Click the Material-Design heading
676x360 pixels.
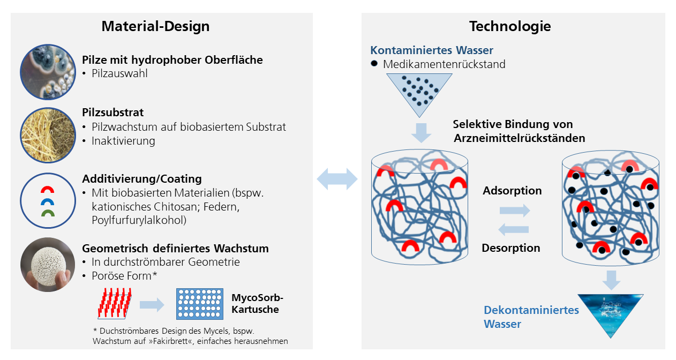(155, 26)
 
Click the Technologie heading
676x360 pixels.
(510, 26)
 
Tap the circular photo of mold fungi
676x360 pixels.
(48, 72)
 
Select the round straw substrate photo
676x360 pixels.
(48, 135)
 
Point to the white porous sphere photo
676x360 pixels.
(48, 265)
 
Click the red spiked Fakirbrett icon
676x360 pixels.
(115, 303)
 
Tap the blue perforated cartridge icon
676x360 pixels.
(200, 304)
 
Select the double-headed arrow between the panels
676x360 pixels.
(337, 179)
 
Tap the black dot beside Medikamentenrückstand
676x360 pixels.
(374, 63)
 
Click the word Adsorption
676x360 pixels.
(512, 190)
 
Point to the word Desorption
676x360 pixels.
(511, 247)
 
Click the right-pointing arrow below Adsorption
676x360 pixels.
(515, 211)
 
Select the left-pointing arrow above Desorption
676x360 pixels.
(513, 229)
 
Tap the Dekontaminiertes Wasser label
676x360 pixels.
(531, 317)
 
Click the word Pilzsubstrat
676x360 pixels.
(112, 112)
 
